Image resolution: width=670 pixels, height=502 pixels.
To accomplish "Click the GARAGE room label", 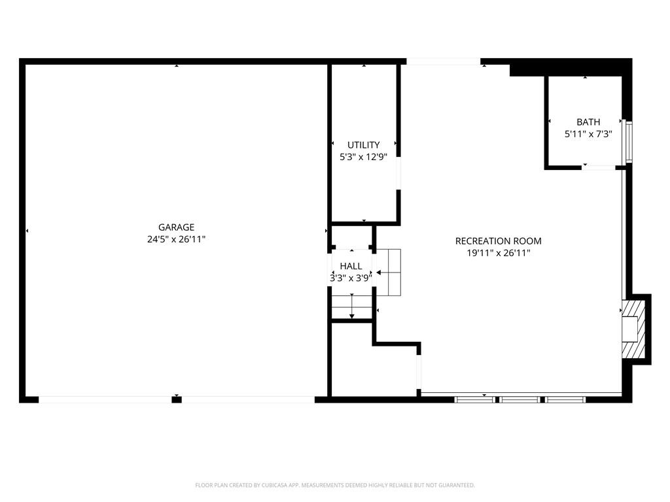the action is click(176, 227).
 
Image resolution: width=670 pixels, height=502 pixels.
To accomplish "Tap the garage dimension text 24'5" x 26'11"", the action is click(176, 239).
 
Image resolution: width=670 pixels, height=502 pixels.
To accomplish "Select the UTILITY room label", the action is click(363, 145).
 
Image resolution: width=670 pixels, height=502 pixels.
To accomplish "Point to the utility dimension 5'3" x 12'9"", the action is click(363, 157).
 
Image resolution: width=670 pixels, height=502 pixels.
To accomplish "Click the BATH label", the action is click(588, 122).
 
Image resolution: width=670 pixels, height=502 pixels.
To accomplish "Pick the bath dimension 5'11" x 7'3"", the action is click(588, 134).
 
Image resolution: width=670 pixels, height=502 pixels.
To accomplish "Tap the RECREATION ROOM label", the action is click(498, 241).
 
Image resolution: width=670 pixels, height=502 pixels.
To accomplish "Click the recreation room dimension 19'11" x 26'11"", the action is click(498, 253).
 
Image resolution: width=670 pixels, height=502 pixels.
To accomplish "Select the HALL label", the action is click(351, 267).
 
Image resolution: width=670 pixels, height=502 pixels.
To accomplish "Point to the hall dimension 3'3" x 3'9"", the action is click(351, 278).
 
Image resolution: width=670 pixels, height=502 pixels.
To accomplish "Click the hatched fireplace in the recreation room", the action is click(633, 329).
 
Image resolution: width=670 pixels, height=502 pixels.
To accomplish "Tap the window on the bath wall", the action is click(629, 142).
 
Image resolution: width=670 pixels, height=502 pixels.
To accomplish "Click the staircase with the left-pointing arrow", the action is click(389, 273).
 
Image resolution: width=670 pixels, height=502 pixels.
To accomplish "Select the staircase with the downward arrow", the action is click(351, 307).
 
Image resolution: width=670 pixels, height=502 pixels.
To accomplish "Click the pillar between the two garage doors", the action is click(177, 399).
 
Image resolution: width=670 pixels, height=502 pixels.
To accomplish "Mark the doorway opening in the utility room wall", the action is click(398, 173).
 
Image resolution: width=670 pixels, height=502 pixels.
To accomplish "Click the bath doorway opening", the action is click(599, 167).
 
